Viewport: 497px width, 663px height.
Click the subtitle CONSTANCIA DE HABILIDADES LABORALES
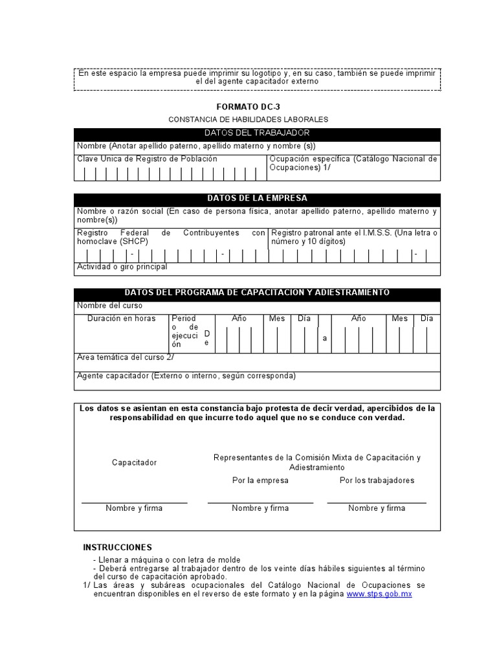click(x=248, y=120)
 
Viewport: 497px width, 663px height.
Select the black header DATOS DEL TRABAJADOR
click(x=257, y=133)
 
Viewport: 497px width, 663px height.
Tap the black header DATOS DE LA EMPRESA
click(x=257, y=199)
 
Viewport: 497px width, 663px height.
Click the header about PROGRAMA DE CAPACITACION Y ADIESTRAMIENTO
click(x=257, y=293)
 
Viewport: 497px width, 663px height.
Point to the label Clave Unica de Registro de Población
click(x=147, y=159)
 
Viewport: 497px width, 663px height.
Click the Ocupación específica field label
click(x=353, y=163)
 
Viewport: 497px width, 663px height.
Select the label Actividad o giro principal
click(x=122, y=267)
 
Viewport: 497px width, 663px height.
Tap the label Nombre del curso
click(x=110, y=306)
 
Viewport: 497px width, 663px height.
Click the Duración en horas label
click(x=122, y=319)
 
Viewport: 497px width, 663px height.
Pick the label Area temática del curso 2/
click(x=125, y=357)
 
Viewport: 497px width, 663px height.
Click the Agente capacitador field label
click(x=186, y=376)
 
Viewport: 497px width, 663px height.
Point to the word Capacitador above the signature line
click(x=134, y=463)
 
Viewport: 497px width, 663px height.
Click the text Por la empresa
click(x=260, y=480)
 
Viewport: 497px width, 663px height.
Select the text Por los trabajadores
click(x=377, y=480)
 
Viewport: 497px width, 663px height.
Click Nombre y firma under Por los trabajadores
click(x=377, y=508)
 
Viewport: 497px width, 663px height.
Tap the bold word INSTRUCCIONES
click(x=118, y=547)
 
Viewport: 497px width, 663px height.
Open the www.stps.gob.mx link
click(x=379, y=594)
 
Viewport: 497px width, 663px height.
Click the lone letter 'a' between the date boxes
click(x=325, y=339)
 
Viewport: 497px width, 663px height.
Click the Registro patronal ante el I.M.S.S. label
click(x=354, y=237)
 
